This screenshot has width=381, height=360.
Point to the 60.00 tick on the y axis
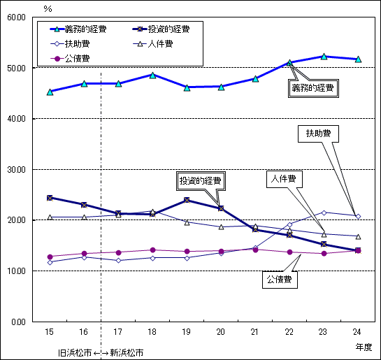point(15,17)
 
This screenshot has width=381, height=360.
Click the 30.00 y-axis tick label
point(15,169)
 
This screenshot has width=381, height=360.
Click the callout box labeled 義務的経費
point(312,88)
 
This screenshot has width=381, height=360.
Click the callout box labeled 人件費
point(282,179)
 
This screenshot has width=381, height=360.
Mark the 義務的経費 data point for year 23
point(324,56)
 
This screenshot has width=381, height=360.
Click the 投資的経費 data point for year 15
point(50,198)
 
